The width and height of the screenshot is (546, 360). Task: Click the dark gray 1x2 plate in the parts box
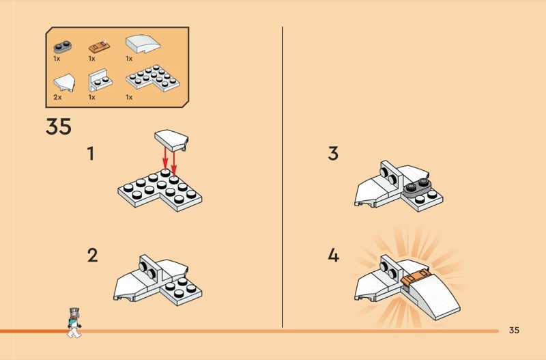[x=62, y=46]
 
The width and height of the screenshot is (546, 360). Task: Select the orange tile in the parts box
[x=99, y=46]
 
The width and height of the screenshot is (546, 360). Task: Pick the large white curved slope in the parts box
[x=143, y=44]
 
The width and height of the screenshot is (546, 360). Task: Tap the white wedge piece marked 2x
[x=64, y=83]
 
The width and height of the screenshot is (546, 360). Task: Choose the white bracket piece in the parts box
[x=100, y=80]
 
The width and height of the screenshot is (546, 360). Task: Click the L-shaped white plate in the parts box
[x=153, y=78]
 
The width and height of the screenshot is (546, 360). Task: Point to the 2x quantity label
[x=57, y=97]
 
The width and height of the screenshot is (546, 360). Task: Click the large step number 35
[x=59, y=126]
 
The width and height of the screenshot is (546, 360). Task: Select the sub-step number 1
[x=91, y=153]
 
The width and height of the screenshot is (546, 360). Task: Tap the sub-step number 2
[x=92, y=255]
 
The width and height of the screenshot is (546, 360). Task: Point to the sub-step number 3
[x=333, y=153]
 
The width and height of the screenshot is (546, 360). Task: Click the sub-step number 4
[x=333, y=255]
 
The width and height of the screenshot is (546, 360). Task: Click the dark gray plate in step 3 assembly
[x=418, y=188]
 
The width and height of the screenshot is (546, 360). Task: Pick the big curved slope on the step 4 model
[x=433, y=297]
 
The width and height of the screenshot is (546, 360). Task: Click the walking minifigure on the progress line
[x=74, y=322]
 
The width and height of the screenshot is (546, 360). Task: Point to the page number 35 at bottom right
[x=514, y=330]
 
